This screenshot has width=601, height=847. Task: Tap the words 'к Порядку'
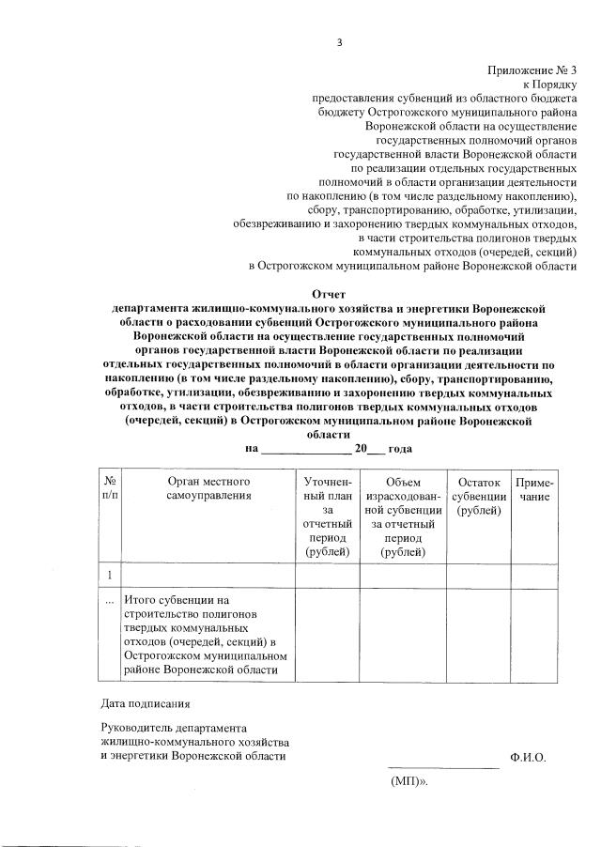tap(550, 85)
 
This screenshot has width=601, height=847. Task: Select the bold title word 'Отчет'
tap(329, 294)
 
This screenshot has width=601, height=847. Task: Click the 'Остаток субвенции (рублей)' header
tap(477, 496)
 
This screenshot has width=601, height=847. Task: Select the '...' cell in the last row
tap(110, 598)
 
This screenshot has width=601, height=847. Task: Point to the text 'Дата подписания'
tap(145, 701)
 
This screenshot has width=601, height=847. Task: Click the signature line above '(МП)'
tap(443, 767)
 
